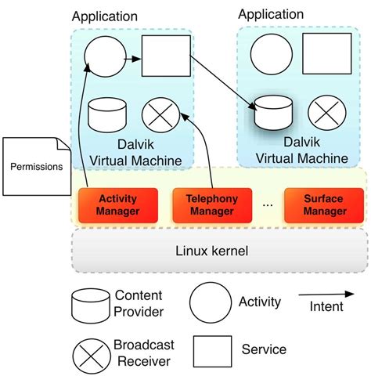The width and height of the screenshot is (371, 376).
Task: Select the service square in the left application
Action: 165,56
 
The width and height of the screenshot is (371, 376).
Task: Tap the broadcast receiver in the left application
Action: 160,114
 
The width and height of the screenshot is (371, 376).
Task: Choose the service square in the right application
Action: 326,54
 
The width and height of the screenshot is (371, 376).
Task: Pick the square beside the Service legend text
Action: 212,352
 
